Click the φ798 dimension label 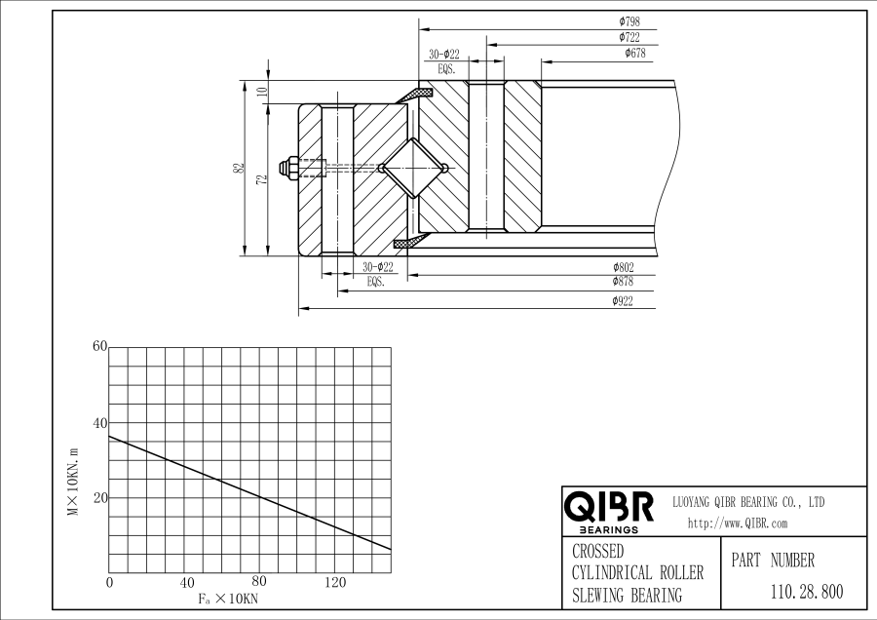[629, 20]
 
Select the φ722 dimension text [629, 37]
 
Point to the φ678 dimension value [634, 54]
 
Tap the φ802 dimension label [624, 267]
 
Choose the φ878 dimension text [624, 281]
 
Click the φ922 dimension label [624, 301]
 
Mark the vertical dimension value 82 [239, 168]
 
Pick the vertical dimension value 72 [261, 178]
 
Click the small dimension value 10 [261, 92]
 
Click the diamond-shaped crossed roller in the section [412, 169]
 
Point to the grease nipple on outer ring [288, 169]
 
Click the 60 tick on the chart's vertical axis [98, 346]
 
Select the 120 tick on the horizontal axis [334, 583]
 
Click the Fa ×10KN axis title [227, 598]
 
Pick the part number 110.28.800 [806, 591]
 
